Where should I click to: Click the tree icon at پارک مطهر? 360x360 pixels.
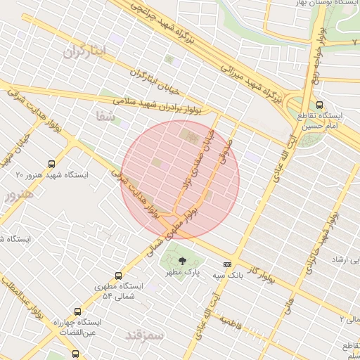184,261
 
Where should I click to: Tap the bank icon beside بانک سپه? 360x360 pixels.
227,264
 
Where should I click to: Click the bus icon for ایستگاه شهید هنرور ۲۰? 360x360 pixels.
51,164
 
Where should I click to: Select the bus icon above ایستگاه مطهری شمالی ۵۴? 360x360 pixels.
117,276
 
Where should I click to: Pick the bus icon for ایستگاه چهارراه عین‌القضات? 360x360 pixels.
77,311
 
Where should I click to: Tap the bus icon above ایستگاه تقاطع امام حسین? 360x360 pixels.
322,103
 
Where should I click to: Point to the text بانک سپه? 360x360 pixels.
229,276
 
